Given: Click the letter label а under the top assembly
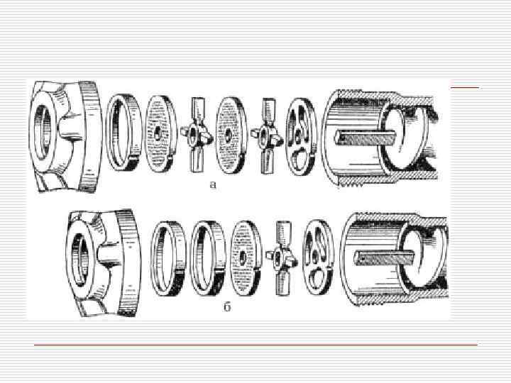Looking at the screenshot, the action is click(x=212, y=184).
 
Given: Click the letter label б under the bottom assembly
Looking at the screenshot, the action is click(x=227, y=306).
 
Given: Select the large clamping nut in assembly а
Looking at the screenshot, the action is click(x=65, y=136).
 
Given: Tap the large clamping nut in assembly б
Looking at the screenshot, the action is click(x=104, y=262).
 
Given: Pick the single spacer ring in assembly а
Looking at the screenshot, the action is click(x=123, y=133).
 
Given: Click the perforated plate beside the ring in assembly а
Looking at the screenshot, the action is click(x=160, y=133).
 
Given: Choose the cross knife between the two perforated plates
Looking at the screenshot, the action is click(x=197, y=135).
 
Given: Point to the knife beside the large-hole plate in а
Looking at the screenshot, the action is click(x=267, y=135).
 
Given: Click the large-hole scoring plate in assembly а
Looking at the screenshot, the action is click(x=301, y=136).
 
